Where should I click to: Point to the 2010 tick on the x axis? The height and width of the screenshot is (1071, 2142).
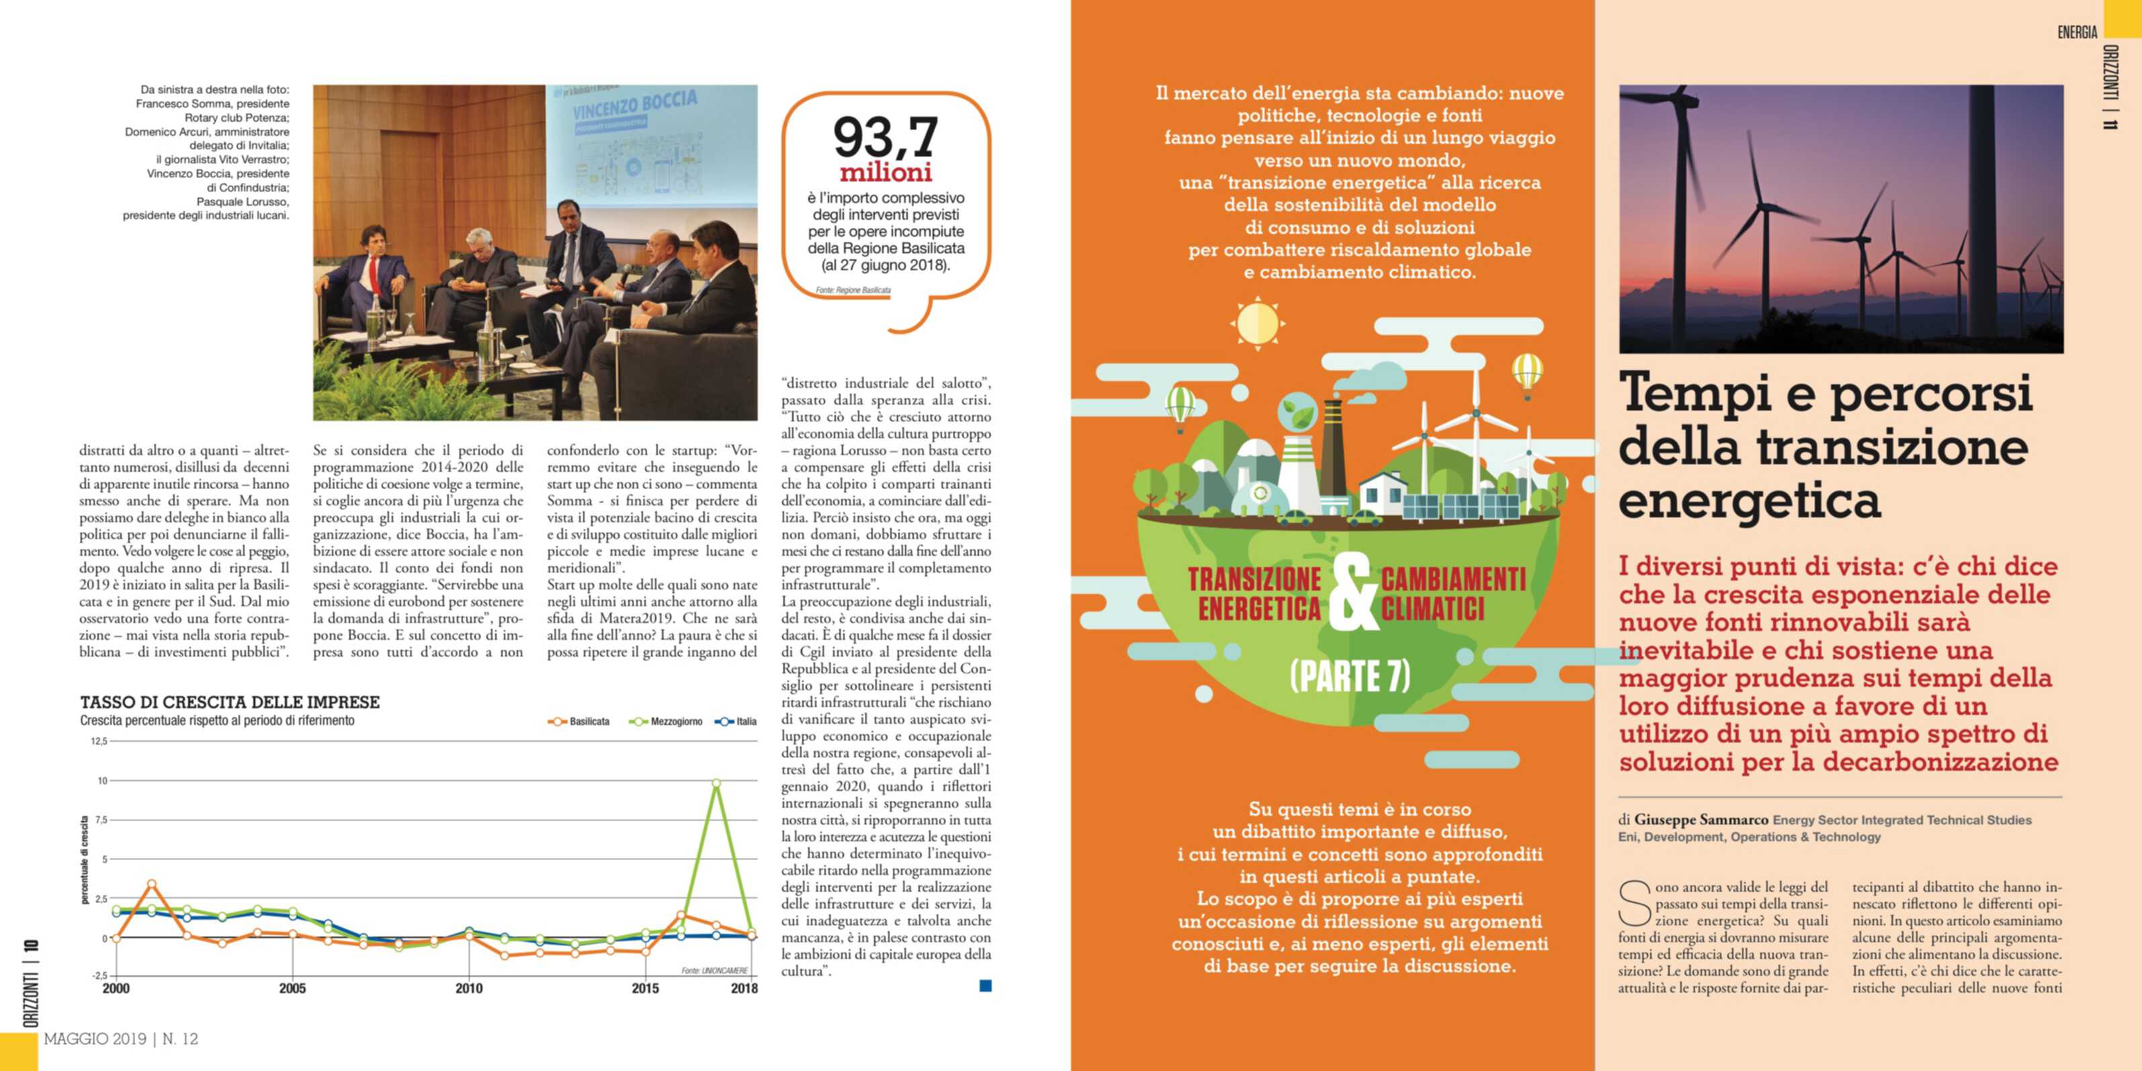coord(469,988)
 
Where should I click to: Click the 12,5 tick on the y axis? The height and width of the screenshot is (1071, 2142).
coord(99,741)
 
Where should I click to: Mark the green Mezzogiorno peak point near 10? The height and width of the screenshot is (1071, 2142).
coord(716,783)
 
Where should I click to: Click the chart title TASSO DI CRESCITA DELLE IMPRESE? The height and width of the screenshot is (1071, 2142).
coord(230,703)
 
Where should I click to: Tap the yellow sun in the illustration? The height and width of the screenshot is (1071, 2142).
coord(1256,323)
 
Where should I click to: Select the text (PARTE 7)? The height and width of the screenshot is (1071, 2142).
coord(1351,676)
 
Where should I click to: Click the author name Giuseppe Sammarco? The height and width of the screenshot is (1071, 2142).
coord(1701,820)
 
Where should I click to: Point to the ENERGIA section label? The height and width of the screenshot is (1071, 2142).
coord(2076,32)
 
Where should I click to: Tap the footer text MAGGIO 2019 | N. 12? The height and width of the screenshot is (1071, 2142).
coord(122,1039)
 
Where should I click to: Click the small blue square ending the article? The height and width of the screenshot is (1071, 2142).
coord(986,986)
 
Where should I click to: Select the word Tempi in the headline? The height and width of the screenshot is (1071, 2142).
coord(1694,393)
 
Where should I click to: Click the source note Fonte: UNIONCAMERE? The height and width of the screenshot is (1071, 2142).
coord(714,970)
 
